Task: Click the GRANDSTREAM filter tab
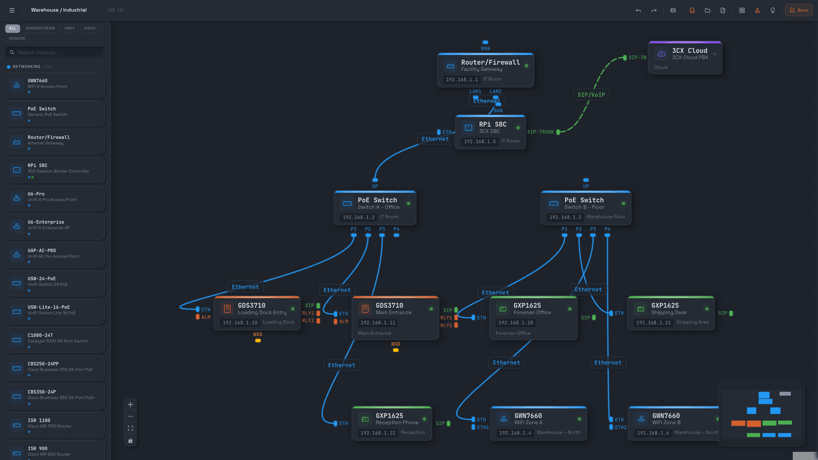pos(40,29)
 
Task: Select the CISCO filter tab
pos(89,29)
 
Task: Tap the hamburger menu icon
pos(12,10)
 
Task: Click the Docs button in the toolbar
pos(799,10)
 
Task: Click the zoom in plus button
pos(130,405)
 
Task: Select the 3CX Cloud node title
pos(689,51)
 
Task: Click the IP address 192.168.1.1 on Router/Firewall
pos(462,80)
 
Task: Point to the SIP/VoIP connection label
pos(591,95)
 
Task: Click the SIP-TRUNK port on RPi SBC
pos(558,132)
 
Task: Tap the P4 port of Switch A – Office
pos(396,235)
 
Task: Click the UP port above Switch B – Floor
pos(586,180)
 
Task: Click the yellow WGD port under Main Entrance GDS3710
pos(396,350)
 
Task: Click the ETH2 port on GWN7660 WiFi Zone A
pos(473,427)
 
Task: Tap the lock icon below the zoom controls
pos(130,440)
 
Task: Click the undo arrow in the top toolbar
pos(638,10)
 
